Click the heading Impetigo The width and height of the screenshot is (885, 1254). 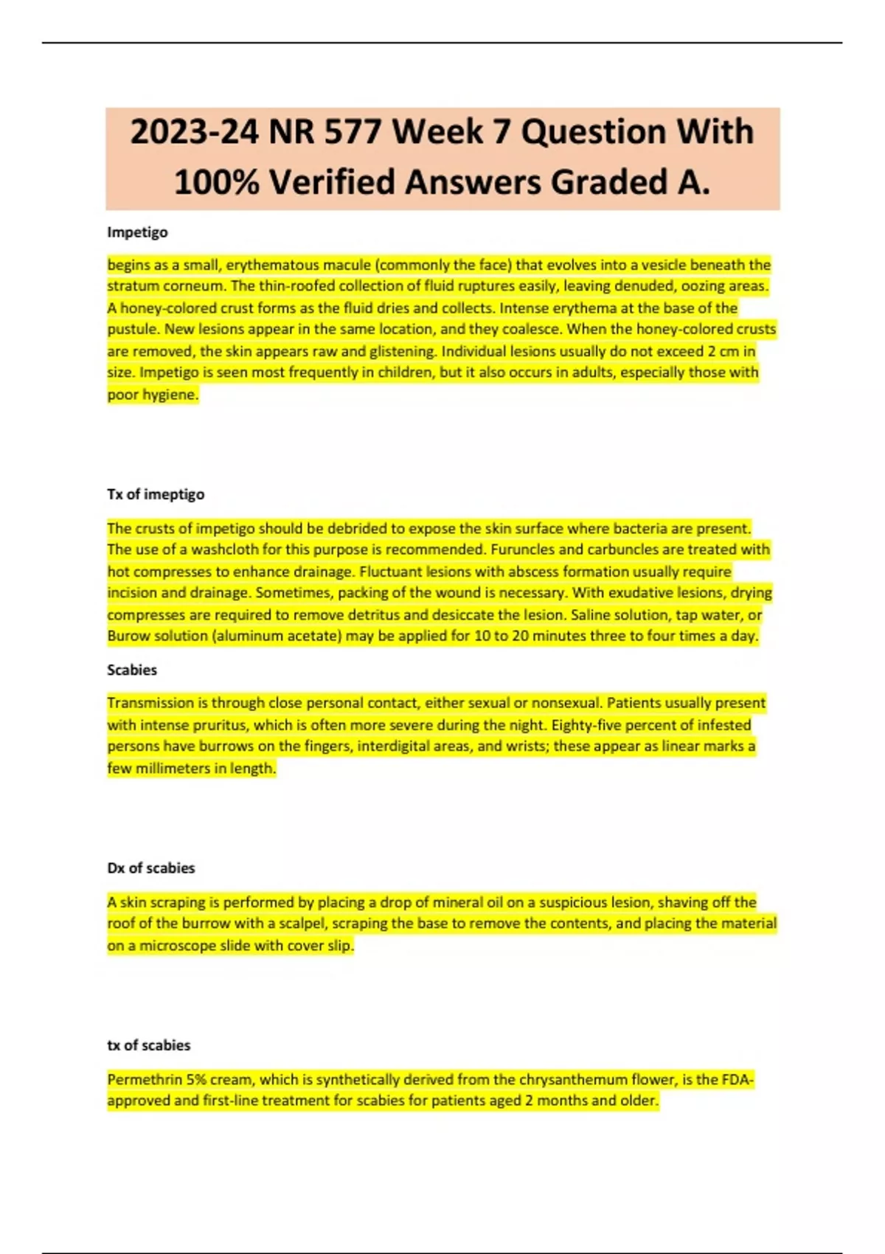coord(137,232)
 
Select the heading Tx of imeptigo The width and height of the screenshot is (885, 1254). coord(156,494)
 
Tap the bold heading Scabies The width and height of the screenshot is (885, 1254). coord(132,670)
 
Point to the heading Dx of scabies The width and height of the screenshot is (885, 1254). coord(151,868)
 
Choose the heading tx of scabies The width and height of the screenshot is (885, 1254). coord(149,1045)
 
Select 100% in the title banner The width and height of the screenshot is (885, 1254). coord(216,182)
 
